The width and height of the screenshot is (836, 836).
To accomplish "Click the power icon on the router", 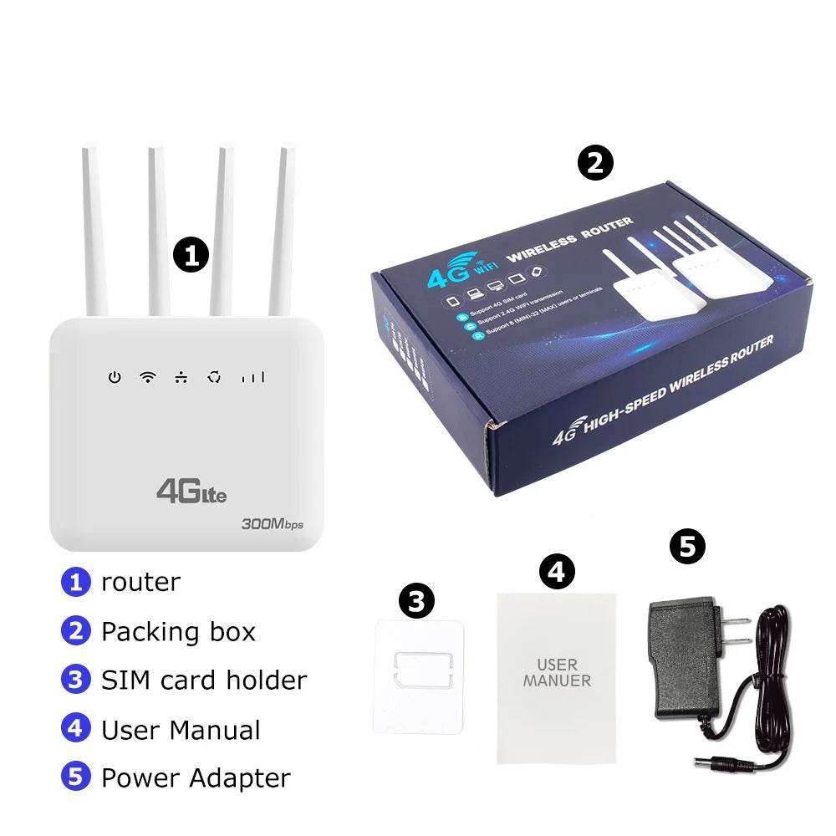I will [114, 378].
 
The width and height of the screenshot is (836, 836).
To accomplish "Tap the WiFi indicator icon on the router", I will [147, 377].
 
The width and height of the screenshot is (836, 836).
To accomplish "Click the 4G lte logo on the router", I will [191, 491].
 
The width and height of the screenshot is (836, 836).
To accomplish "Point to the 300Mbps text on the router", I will [272, 524].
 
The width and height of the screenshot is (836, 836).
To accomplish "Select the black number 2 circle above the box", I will [595, 163].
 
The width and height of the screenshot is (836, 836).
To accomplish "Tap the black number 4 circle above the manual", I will [557, 572].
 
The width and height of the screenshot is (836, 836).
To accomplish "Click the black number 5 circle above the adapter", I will [687, 548].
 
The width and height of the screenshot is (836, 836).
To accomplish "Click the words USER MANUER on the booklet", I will [557, 673].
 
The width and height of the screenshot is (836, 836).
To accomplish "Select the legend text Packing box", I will [178, 631].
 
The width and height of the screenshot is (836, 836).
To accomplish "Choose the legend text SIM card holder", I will [204, 680].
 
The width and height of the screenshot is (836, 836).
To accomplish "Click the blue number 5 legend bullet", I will [75, 777].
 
